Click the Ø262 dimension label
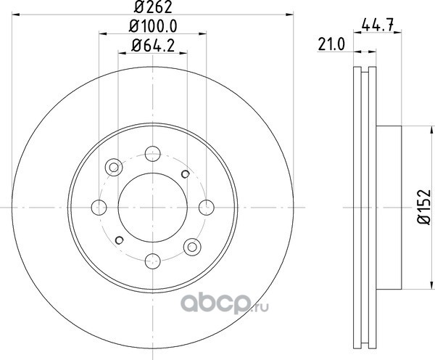153,7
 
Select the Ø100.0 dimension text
153,26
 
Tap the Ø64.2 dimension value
153,46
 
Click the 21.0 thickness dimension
331,44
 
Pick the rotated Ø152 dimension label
424,207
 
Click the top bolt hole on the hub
152,153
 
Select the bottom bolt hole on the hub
152,261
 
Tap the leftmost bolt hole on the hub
99,208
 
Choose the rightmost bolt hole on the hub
207,208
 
